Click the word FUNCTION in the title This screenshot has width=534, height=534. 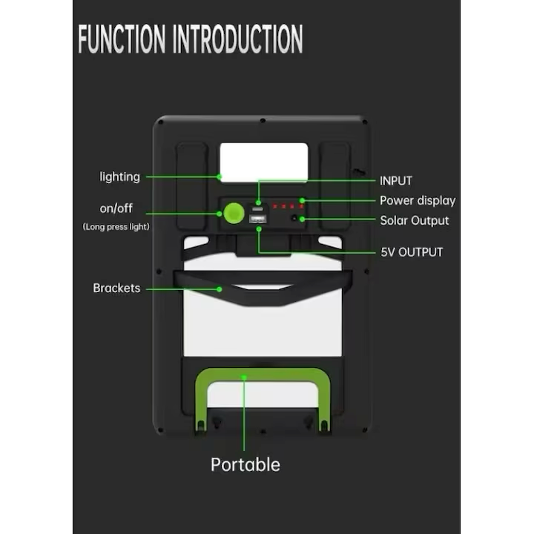122,39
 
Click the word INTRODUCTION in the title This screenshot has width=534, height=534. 238,39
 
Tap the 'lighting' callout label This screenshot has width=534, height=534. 120,177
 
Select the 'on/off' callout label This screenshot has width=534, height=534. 116,208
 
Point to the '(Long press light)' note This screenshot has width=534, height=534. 116,226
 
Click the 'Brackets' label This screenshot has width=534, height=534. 116,288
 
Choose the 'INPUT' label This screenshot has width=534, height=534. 396,181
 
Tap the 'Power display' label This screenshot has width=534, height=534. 418,200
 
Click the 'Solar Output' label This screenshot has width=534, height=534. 415,221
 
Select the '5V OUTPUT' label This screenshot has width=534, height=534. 412,252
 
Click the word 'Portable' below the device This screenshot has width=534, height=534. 245,464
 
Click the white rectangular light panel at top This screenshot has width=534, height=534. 264,162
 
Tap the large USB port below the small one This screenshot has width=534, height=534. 258,220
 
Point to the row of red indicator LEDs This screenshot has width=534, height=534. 288,206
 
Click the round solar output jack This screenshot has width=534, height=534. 294,217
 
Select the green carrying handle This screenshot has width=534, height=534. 263,375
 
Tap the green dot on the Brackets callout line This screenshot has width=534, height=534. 220,289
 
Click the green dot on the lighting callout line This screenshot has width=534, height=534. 220,177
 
